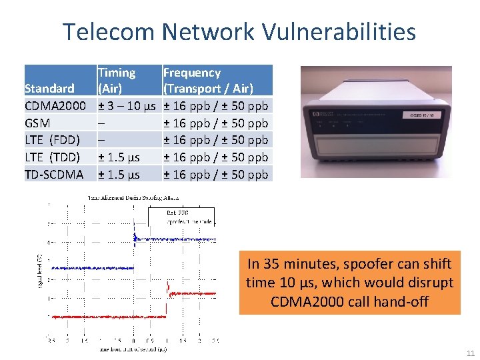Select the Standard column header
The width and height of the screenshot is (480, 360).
(x=49, y=89)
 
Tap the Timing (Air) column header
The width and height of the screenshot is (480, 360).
(x=117, y=81)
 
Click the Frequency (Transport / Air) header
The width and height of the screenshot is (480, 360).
(x=208, y=81)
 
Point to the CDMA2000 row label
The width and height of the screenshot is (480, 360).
(x=55, y=106)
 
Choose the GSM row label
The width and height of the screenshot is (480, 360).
(x=37, y=123)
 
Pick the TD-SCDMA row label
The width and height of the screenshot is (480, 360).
(x=54, y=175)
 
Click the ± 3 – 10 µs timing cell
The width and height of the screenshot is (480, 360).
(x=127, y=106)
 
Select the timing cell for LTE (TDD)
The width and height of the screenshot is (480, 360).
(x=119, y=157)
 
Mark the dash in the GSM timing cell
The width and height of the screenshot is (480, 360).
(x=101, y=123)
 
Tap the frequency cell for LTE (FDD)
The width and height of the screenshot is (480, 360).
(x=215, y=140)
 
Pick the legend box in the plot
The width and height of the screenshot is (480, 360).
(x=190, y=217)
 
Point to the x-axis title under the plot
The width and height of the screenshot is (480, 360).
(x=133, y=348)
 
